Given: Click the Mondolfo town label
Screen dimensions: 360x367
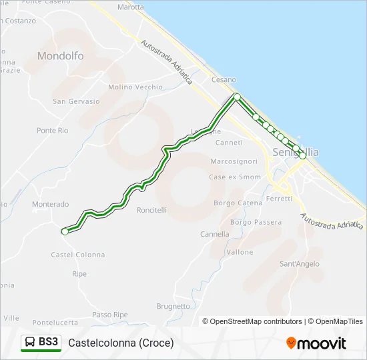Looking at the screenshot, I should (x=61, y=56).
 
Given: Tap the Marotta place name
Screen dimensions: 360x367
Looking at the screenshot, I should (x=130, y=7).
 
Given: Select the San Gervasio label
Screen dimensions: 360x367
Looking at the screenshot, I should (x=76, y=102).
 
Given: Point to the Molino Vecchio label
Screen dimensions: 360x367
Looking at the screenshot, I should (x=135, y=87).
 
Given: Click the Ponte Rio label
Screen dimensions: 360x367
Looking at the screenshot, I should (x=53, y=131).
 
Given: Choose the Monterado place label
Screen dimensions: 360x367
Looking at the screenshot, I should (x=50, y=205).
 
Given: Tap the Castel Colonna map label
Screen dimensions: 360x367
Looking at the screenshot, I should (x=78, y=255).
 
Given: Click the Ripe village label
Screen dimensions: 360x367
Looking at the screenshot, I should (x=79, y=274).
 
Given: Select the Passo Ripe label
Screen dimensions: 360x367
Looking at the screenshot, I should (x=110, y=315).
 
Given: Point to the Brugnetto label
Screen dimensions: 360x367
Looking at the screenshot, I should (x=173, y=306).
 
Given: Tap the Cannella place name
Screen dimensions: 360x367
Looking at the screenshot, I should (x=215, y=234).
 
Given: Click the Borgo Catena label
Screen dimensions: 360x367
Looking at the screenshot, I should (x=238, y=203).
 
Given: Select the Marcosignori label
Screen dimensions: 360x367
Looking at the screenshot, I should (x=234, y=161).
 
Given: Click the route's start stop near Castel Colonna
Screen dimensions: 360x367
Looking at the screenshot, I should (x=65, y=231).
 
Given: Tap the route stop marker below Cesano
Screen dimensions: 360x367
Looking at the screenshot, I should (x=237, y=97).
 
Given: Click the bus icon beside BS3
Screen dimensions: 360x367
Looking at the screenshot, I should (x=31, y=343).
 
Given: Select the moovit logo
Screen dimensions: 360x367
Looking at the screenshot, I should (x=316, y=343).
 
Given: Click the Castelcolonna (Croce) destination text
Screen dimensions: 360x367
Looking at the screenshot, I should (x=121, y=343).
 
